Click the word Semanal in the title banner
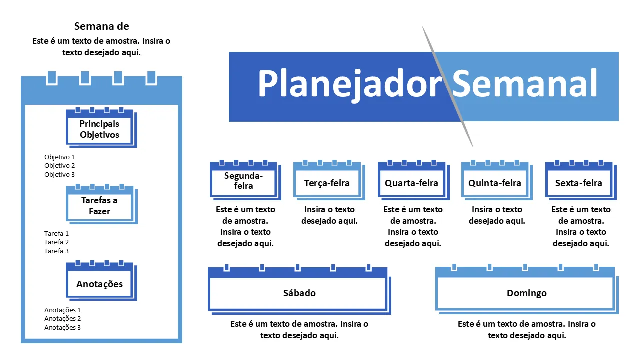(525, 83)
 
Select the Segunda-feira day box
(243, 181)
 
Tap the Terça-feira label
(327, 183)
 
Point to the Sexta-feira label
(579, 183)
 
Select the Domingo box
(526, 293)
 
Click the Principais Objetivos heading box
(100, 129)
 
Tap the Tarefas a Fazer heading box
(100, 206)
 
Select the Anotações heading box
(100, 284)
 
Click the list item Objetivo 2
(59, 166)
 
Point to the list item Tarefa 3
(56, 251)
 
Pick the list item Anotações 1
(62, 310)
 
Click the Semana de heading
(101, 26)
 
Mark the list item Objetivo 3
(59, 175)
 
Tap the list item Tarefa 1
(56, 233)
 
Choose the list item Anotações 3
(62, 328)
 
